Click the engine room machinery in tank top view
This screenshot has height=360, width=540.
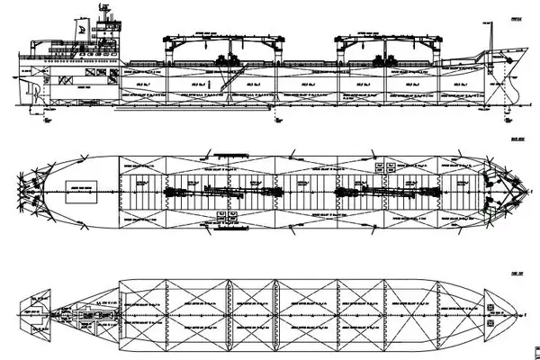tap(85, 315)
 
